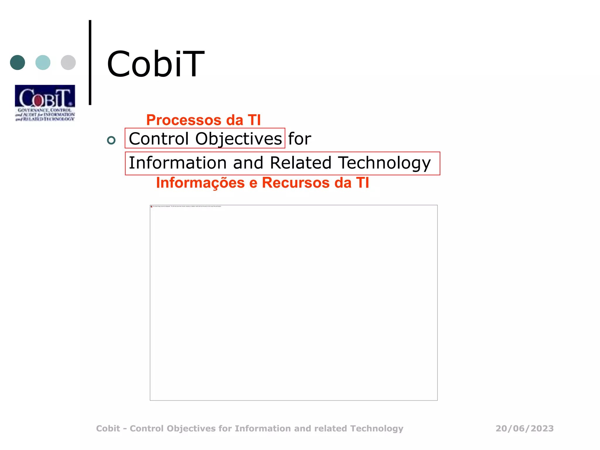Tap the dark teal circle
(x=18, y=62)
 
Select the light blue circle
(x=43, y=62)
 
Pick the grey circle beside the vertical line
(x=68, y=62)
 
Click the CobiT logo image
(x=45, y=103)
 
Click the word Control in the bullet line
(x=158, y=139)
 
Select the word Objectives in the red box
(x=238, y=139)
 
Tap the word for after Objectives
(x=299, y=139)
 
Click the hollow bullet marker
(x=111, y=140)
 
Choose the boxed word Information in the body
(x=178, y=163)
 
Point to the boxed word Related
(x=301, y=163)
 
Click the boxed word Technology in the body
(x=384, y=163)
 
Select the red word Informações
(x=200, y=183)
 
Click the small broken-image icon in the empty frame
(x=151, y=207)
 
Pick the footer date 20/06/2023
(x=524, y=428)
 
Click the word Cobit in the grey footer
(x=108, y=428)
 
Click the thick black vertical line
(x=90, y=62)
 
